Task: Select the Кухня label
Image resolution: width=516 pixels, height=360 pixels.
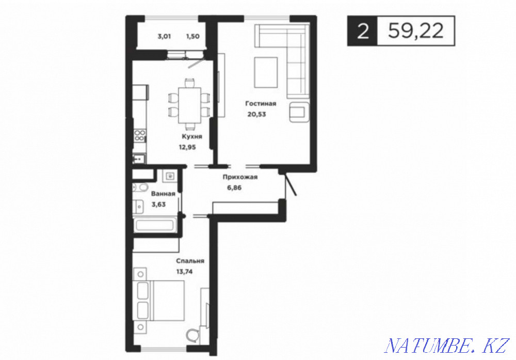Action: pos(191,136)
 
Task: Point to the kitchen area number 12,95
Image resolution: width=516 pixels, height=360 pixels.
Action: pos(189,147)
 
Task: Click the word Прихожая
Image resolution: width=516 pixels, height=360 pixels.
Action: pos(240,177)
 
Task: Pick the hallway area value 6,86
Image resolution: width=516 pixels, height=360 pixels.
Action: pos(234,187)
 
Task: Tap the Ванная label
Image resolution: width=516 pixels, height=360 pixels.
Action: pos(163,194)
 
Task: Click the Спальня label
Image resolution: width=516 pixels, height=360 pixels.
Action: pos(190,261)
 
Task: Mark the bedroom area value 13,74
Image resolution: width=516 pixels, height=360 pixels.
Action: pos(186,271)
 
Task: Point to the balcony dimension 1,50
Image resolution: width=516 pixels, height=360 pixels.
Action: pos(192,36)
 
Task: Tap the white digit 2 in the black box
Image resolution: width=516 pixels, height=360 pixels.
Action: pos(362,31)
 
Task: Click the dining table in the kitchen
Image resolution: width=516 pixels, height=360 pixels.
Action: pos(189,104)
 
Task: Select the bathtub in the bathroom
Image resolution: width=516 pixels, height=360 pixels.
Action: pos(154,225)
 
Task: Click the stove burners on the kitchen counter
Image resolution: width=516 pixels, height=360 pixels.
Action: pos(140,136)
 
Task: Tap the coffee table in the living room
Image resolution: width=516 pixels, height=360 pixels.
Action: pos(266,72)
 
